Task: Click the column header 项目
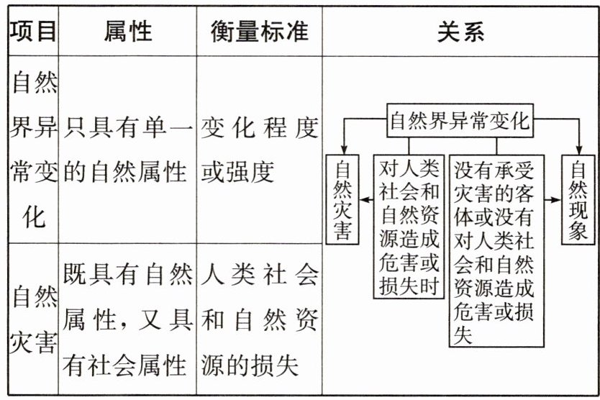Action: pos(32,32)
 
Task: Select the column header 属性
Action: pos(127,32)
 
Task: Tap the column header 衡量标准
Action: pos(259,32)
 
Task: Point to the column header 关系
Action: pos(460,32)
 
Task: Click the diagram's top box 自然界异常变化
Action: pos(460,122)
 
